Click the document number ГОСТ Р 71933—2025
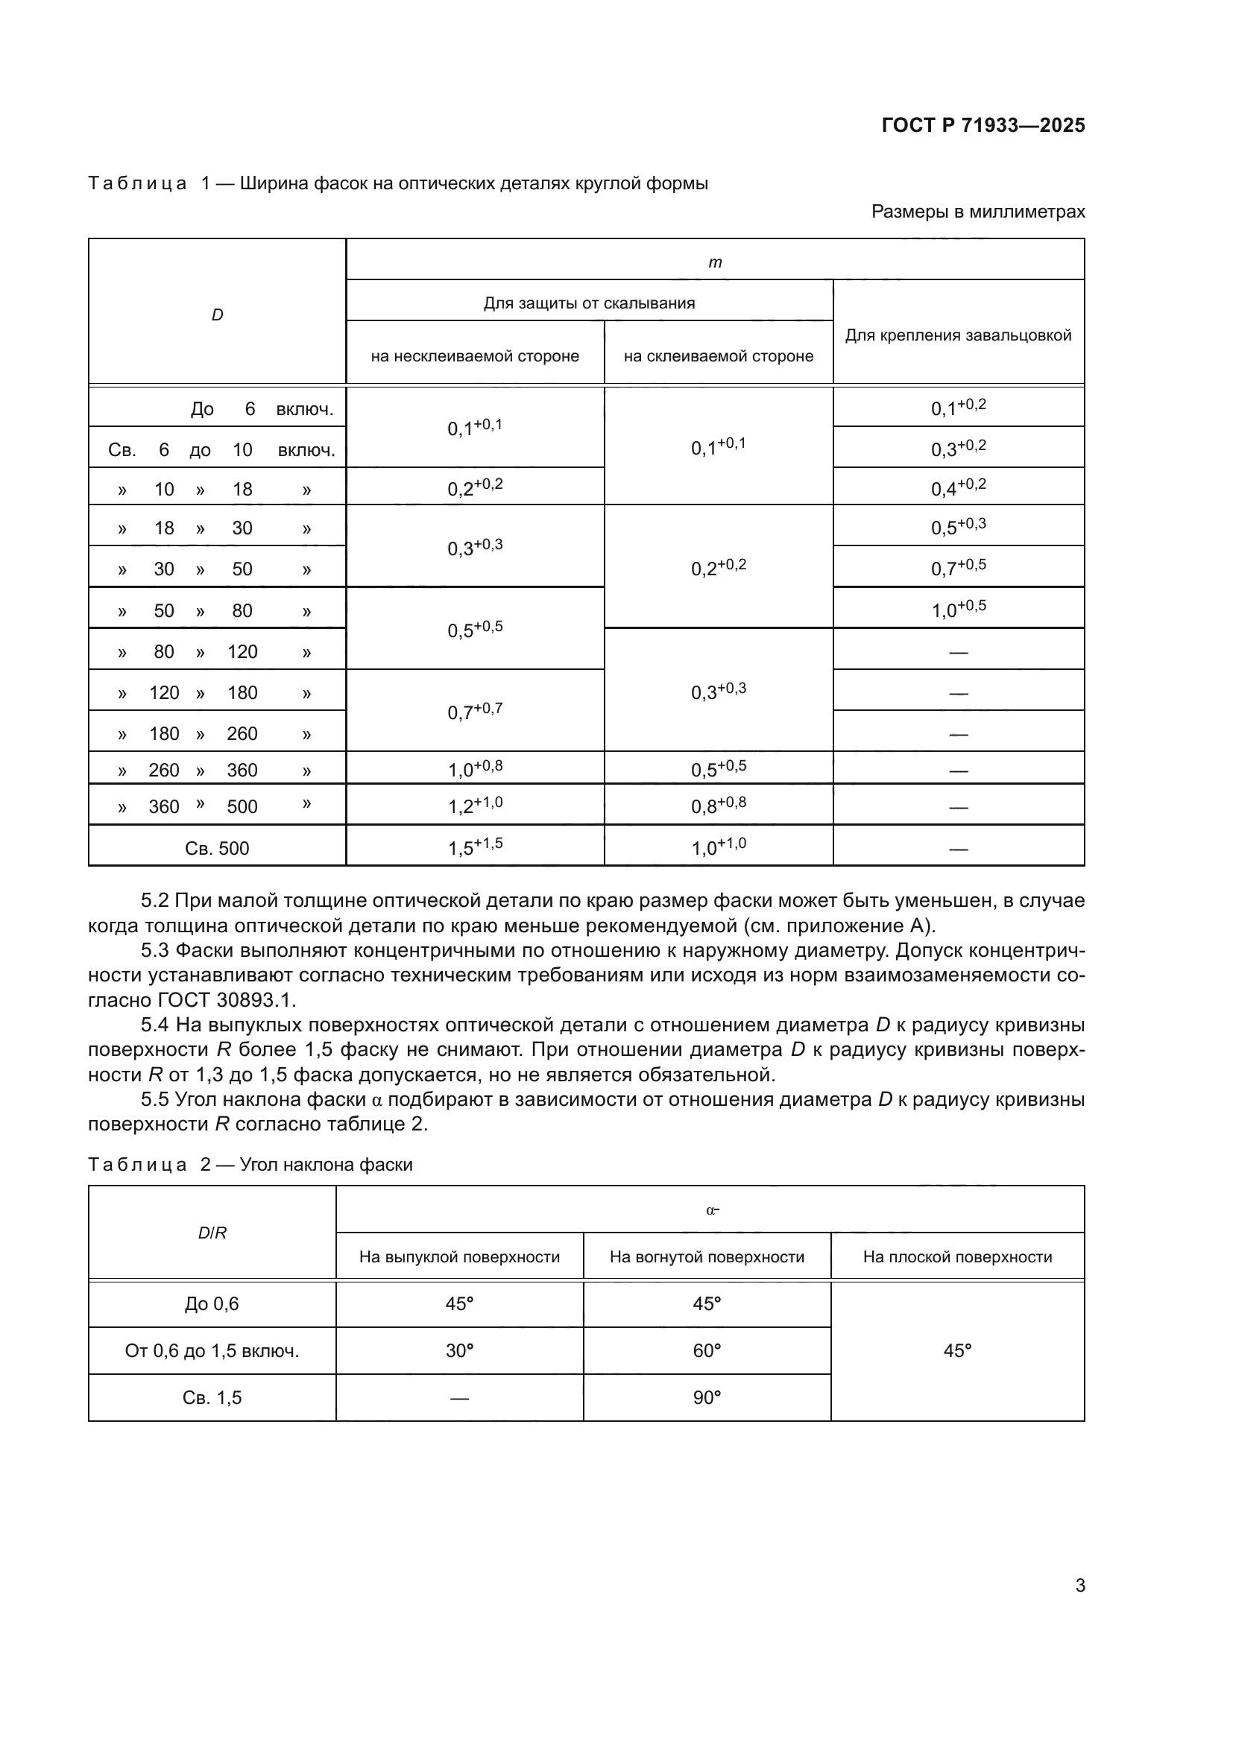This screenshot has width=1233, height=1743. pos(983,125)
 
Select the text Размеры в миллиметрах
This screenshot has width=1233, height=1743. pos(978,212)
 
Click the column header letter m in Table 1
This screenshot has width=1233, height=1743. pos(714,262)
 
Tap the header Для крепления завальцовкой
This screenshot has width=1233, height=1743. pos(958,335)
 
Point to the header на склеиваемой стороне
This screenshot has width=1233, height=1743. pos(718,356)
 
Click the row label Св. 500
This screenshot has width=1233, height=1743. pos(217,848)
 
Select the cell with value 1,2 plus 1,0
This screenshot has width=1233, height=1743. pos(476,806)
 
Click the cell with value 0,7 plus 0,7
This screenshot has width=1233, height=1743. pos(476,712)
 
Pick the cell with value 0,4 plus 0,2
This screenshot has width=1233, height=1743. pos(958,487)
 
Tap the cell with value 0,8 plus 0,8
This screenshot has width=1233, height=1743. pos(718,806)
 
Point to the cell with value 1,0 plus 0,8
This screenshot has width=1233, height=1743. pos(476,769)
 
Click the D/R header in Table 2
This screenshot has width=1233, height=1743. pos(212,1233)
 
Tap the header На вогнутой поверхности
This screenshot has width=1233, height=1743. pos(707,1256)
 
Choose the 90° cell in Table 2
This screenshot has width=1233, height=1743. pos(707,1397)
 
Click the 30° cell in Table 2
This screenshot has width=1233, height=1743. pos(459,1350)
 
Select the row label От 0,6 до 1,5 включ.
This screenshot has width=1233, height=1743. pos(212,1350)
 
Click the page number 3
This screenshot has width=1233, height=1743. pos(1079,1585)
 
